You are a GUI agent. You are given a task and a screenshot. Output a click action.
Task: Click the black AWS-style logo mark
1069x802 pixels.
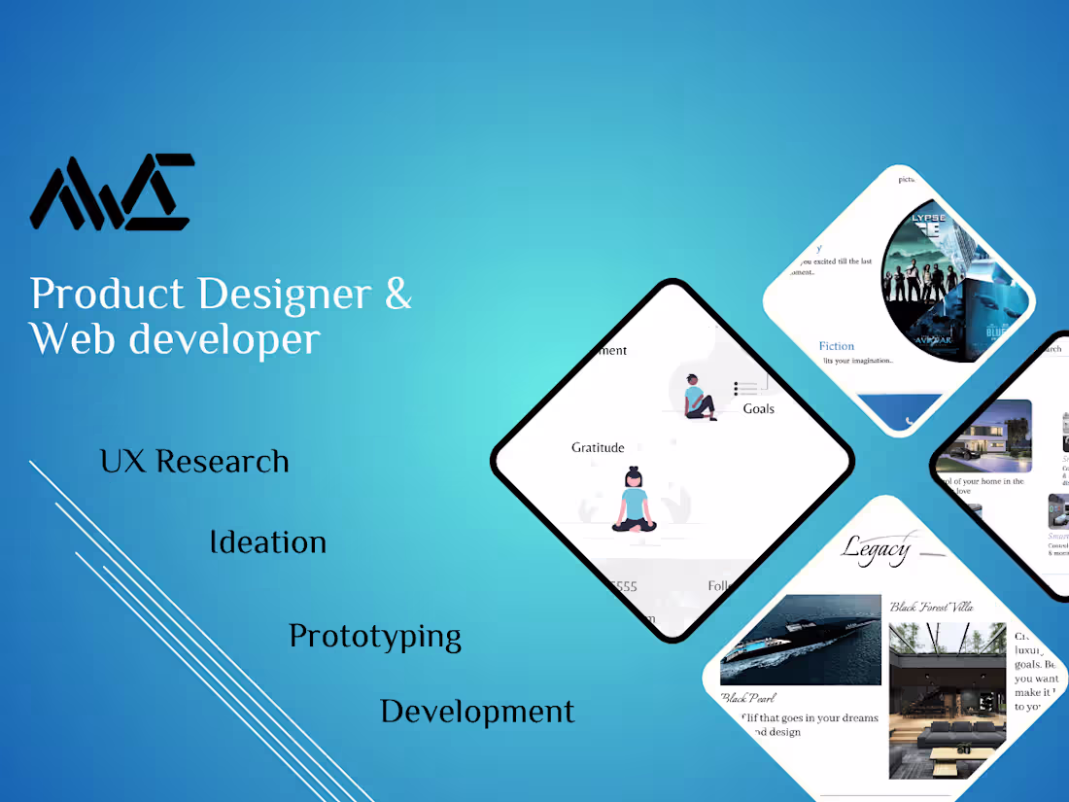(x=112, y=192)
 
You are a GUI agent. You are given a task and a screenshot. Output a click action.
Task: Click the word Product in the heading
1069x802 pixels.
(x=107, y=295)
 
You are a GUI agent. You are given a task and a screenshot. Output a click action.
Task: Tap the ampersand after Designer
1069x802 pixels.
(x=398, y=294)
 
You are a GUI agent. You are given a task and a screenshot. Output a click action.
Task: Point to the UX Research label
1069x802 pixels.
(x=194, y=461)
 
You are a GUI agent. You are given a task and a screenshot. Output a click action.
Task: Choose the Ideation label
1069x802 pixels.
(x=268, y=542)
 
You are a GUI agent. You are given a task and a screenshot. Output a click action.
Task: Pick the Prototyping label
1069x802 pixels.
(x=375, y=637)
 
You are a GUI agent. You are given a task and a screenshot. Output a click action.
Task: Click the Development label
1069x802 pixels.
(x=477, y=712)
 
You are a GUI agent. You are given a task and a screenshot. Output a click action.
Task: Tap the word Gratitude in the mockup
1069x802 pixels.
(x=598, y=448)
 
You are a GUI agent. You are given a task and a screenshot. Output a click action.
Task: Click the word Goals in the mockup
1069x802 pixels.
(x=759, y=409)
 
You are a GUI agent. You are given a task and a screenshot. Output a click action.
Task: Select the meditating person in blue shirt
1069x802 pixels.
(x=634, y=501)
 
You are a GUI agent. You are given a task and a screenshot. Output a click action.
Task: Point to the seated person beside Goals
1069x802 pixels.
(x=698, y=397)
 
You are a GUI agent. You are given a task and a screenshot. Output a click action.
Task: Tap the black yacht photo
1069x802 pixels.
(x=800, y=640)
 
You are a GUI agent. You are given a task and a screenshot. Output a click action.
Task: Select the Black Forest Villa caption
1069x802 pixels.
(x=931, y=608)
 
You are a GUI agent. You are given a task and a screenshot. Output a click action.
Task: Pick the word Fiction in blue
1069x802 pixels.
(x=836, y=346)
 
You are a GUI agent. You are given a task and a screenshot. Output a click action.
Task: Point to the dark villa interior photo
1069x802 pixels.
(x=947, y=700)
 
